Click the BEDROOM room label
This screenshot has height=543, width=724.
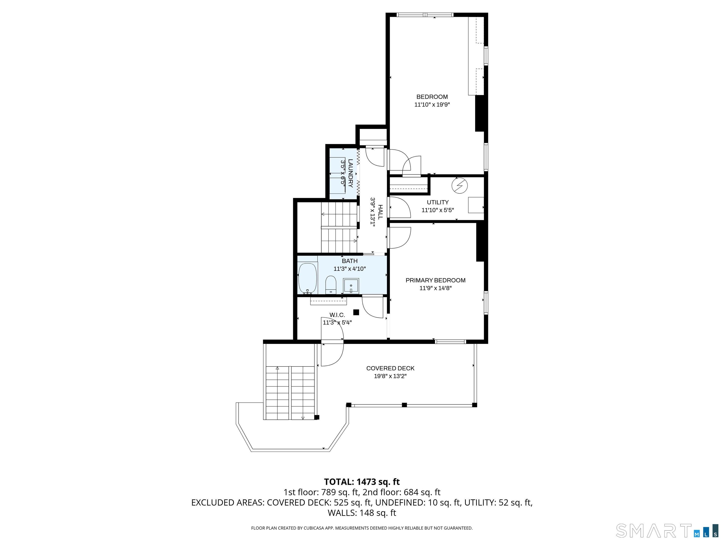(432, 97)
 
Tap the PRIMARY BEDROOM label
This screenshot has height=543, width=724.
(435, 280)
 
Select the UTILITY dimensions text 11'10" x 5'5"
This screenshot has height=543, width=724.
(438, 210)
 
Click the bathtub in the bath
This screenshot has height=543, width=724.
(307, 278)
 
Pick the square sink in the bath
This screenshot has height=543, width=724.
(351, 286)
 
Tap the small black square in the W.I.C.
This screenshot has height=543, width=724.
(356, 312)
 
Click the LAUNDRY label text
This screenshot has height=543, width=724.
(350, 173)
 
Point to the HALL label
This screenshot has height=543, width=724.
(380, 212)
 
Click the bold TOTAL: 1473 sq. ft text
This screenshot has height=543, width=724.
(362, 482)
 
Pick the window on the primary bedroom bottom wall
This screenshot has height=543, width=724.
(450, 342)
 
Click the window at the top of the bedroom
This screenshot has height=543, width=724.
(425, 15)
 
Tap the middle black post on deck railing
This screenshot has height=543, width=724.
(404, 405)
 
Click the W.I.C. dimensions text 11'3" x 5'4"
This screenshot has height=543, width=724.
(337, 323)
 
